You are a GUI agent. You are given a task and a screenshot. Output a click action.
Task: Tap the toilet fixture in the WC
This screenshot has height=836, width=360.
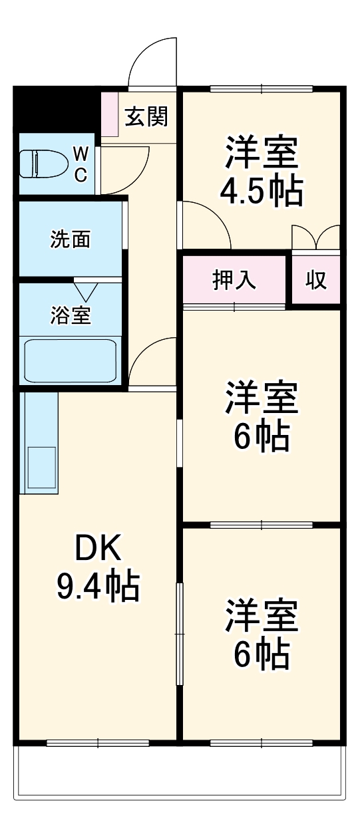[x=43, y=164]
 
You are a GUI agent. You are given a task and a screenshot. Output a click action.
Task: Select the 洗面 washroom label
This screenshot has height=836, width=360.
[x=70, y=239]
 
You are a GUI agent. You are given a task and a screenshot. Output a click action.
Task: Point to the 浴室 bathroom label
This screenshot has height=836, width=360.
[x=70, y=316]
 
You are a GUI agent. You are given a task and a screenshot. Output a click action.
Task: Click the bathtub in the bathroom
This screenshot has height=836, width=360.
[x=70, y=360]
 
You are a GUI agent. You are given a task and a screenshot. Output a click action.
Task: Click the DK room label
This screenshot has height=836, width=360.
[x=97, y=549]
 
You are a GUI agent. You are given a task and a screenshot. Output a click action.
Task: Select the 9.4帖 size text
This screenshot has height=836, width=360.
[x=97, y=586]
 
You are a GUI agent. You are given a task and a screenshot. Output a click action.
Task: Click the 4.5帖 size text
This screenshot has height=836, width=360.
[x=262, y=191]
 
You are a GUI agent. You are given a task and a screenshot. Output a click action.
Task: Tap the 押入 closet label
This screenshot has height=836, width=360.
[x=234, y=280]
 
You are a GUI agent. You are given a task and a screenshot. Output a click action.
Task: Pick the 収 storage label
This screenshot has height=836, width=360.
[x=316, y=280]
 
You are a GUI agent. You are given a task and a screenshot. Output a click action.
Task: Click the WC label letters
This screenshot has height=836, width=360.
[x=80, y=164]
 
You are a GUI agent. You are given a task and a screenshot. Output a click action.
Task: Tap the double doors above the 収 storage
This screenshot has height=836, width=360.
[x=316, y=237]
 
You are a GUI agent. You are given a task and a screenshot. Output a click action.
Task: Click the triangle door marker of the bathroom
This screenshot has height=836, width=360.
[x=86, y=291]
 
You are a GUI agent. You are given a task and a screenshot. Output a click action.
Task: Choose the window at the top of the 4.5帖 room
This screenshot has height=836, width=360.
[x=261, y=88]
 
